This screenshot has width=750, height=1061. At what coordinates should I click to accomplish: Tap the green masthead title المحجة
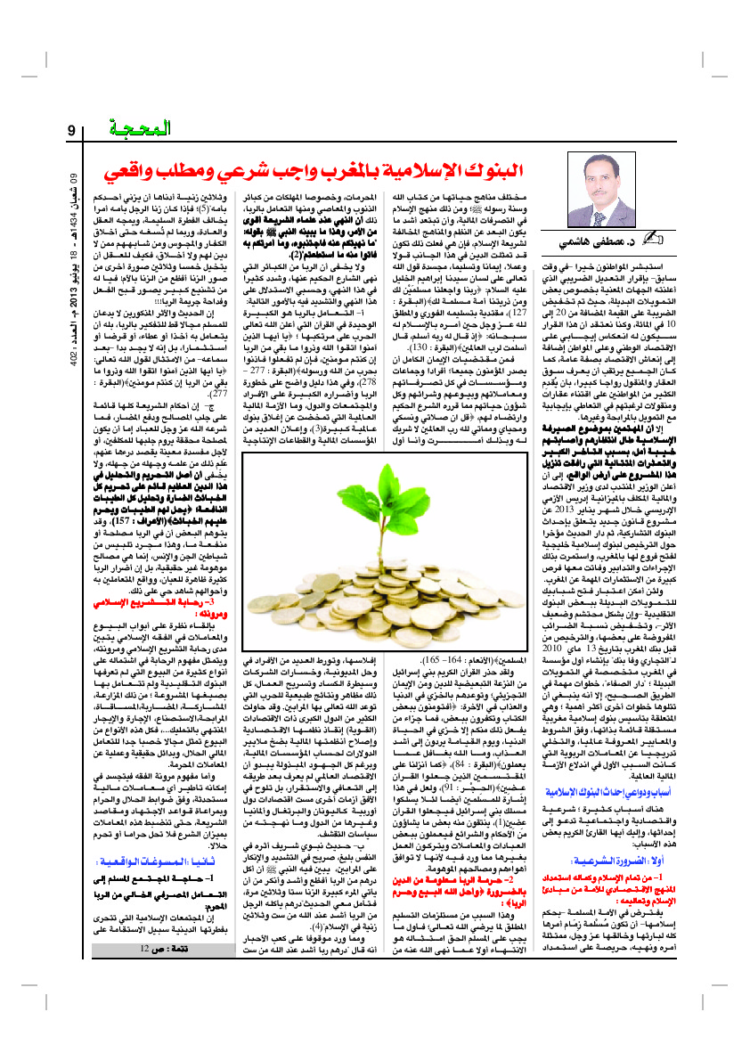click(x=144, y=131)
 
